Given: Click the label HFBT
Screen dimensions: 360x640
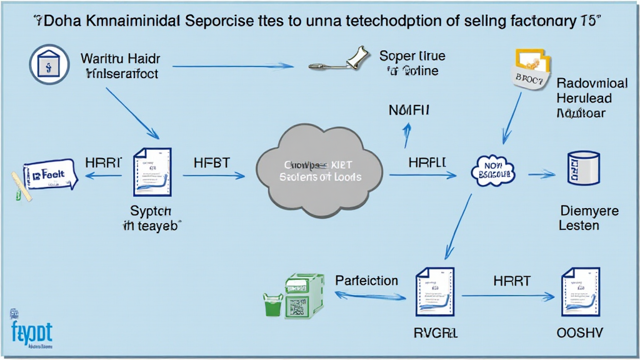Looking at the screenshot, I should (x=212, y=162).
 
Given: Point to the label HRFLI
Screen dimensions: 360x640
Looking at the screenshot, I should (x=427, y=162).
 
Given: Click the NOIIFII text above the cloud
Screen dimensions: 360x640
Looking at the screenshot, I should (x=409, y=111).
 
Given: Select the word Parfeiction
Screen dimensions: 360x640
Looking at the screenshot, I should (x=366, y=281).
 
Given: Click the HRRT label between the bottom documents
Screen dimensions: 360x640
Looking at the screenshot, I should (x=511, y=281).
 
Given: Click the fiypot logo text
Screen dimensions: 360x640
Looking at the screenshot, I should (x=31, y=331).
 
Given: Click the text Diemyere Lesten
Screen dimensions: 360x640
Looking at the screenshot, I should (x=588, y=217).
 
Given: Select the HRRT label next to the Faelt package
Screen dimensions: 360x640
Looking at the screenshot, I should (x=102, y=162).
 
